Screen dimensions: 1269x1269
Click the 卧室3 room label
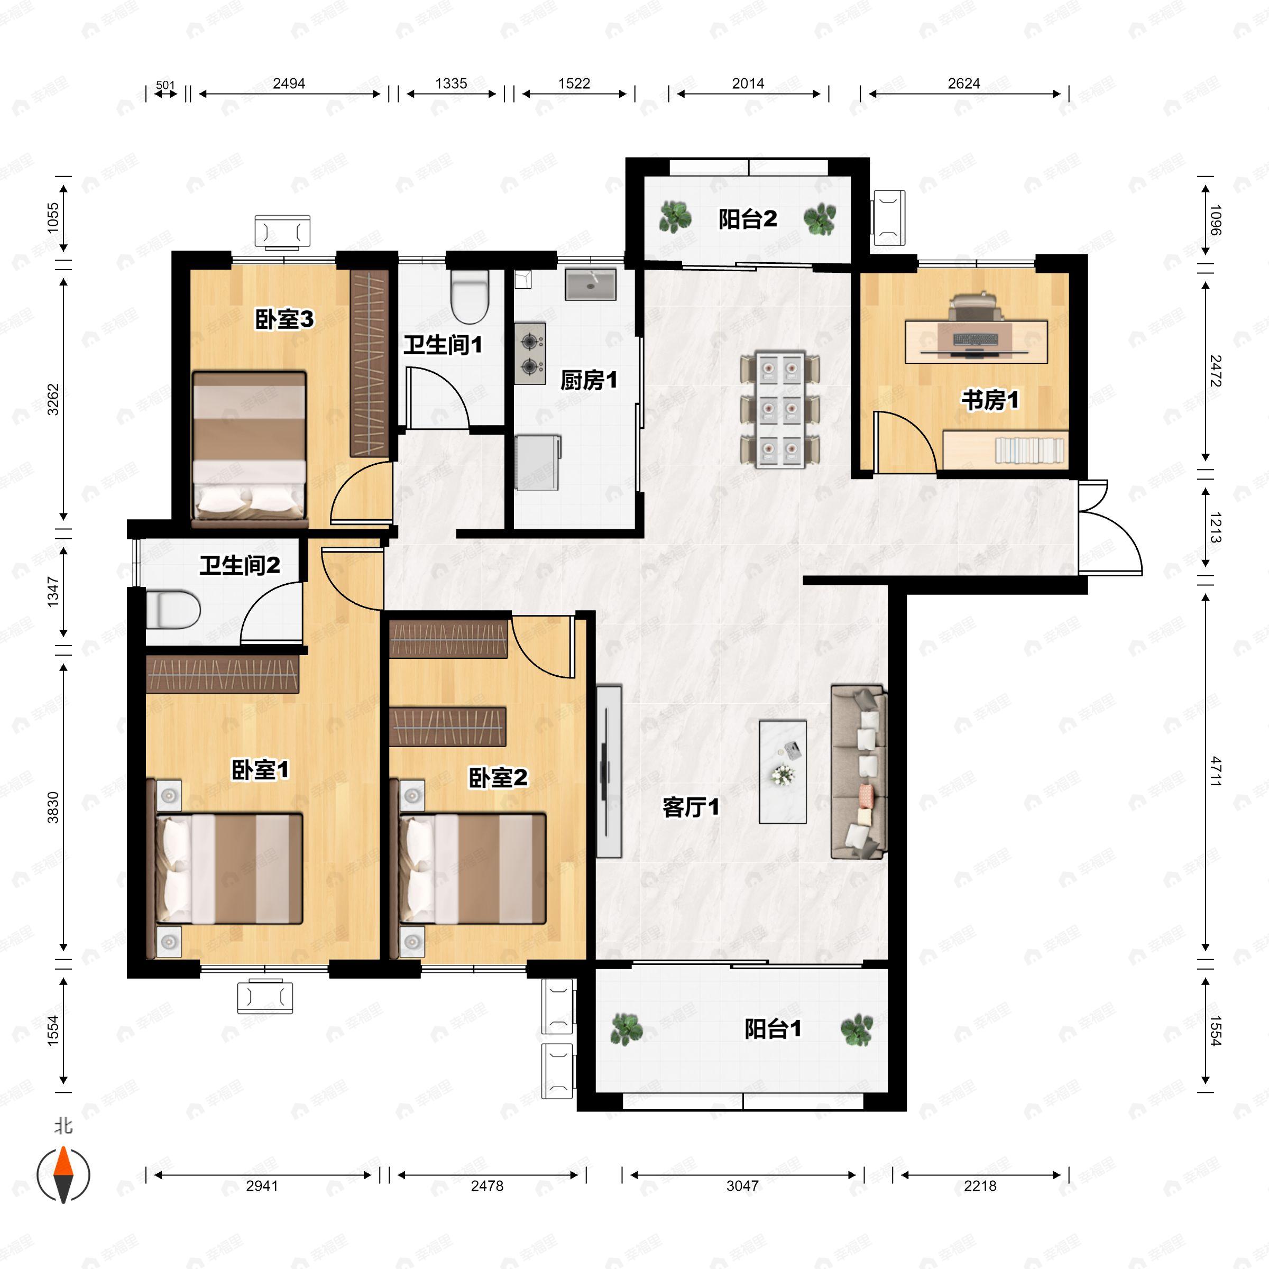[x=284, y=320]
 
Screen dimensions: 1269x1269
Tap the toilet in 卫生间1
[x=470, y=296]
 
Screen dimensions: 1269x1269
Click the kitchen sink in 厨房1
[x=591, y=284]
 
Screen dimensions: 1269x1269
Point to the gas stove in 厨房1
[x=529, y=353]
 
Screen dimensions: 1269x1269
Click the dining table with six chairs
[x=780, y=410]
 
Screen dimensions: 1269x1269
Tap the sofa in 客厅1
[x=859, y=772]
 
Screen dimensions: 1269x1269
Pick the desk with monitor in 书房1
[x=976, y=340]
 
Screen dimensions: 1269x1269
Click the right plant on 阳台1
[x=857, y=1030]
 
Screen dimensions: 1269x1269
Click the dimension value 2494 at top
[x=289, y=84]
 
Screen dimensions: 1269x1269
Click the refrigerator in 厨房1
[x=537, y=463]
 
